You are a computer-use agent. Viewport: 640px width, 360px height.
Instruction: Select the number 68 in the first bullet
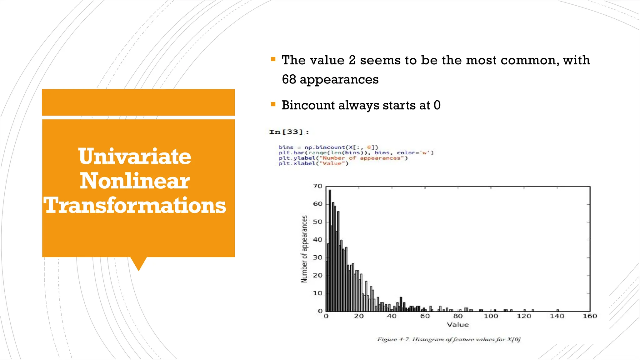(x=289, y=79)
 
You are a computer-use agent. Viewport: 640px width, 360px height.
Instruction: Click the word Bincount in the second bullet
(x=308, y=105)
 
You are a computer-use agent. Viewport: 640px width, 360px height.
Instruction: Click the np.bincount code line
(x=328, y=147)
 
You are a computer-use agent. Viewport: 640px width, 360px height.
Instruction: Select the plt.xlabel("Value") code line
(x=313, y=163)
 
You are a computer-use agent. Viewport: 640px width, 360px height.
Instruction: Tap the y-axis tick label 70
(x=317, y=186)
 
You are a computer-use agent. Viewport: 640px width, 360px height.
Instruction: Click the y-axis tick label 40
(x=317, y=240)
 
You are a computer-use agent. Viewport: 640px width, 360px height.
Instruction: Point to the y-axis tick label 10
(x=317, y=293)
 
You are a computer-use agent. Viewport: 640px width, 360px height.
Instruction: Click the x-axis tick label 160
(x=590, y=316)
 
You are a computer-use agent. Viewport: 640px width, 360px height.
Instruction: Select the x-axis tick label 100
(x=491, y=316)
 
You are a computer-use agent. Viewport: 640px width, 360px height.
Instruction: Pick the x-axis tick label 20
(x=359, y=316)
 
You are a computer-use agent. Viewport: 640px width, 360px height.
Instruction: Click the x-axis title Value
(x=458, y=325)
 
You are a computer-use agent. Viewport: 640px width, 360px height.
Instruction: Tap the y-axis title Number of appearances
(x=304, y=249)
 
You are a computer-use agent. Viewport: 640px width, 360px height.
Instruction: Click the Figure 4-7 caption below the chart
(x=449, y=339)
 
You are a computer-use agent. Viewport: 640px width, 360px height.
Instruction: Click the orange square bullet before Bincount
(x=273, y=104)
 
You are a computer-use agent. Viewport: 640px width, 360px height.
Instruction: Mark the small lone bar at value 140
(x=557, y=310)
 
